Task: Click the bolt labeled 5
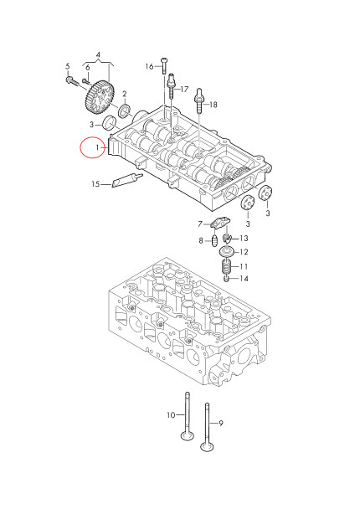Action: (x=69, y=80)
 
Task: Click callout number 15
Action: (x=95, y=184)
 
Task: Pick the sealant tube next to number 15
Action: (x=124, y=179)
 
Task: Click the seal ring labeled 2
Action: (x=125, y=110)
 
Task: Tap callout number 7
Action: (x=201, y=224)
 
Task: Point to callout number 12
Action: (x=244, y=252)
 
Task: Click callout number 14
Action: (x=244, y=279)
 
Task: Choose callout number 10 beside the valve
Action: (x=170, y=415)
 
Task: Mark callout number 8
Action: (x=201, y=241)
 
